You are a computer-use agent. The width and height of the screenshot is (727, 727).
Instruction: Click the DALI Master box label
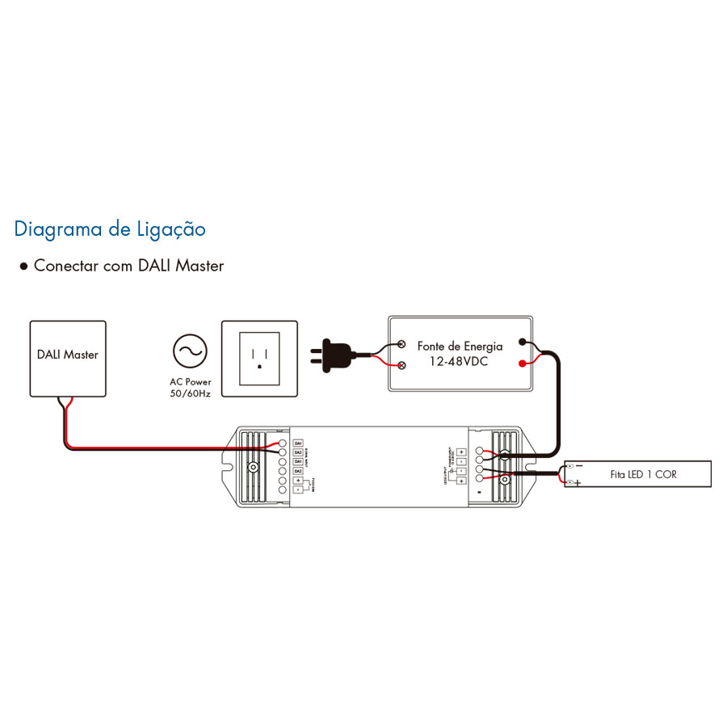click(68, 354)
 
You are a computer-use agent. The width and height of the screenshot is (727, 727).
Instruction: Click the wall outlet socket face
click(259, 355)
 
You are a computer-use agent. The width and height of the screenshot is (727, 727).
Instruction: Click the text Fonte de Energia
click(460, 346)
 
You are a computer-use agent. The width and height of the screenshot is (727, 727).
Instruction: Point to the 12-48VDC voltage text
click(460, 362)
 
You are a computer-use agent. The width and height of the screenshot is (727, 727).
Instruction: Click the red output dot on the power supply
click(523, 363)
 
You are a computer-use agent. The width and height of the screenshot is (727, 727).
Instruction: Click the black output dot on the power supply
click(523, 342)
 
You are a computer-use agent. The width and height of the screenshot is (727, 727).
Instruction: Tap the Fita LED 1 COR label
click(643, 474)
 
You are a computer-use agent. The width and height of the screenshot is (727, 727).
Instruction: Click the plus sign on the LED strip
click(578, 483)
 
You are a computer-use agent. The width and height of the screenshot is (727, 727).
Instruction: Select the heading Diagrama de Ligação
click(110, 229)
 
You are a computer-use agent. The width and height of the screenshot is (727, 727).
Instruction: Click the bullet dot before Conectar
click(23, 266)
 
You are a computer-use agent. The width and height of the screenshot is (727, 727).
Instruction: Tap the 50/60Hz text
click(190, 392)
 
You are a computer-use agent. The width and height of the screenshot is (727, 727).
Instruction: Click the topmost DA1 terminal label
click(298, 444)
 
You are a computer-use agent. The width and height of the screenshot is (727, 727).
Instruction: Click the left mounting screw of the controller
click(254, 468)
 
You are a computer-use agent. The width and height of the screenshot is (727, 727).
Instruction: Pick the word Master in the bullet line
click(200, 266)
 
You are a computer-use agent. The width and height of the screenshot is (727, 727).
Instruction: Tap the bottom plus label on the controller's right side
click(460, 481)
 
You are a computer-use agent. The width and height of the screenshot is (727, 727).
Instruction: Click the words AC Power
click(190, 380)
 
